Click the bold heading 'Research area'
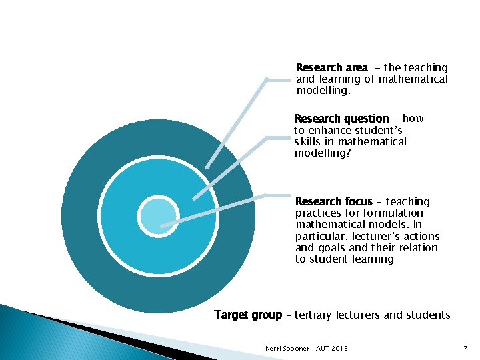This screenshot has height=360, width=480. click(x=331, y=67)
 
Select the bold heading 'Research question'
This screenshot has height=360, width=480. click(x=341, y=119)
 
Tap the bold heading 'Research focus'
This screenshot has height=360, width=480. click(x=333, y=201)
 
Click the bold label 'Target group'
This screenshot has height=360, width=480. click(x=248, y=315)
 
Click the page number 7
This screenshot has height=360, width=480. click(x=465, y=349)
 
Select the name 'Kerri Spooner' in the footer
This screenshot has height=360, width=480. click(x=287, y=349)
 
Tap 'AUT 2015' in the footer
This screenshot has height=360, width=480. click(x=331, y=349)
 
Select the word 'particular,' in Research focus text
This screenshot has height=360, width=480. click(x=319, y=236)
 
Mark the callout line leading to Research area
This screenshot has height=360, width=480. click(x=237, y=120)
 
